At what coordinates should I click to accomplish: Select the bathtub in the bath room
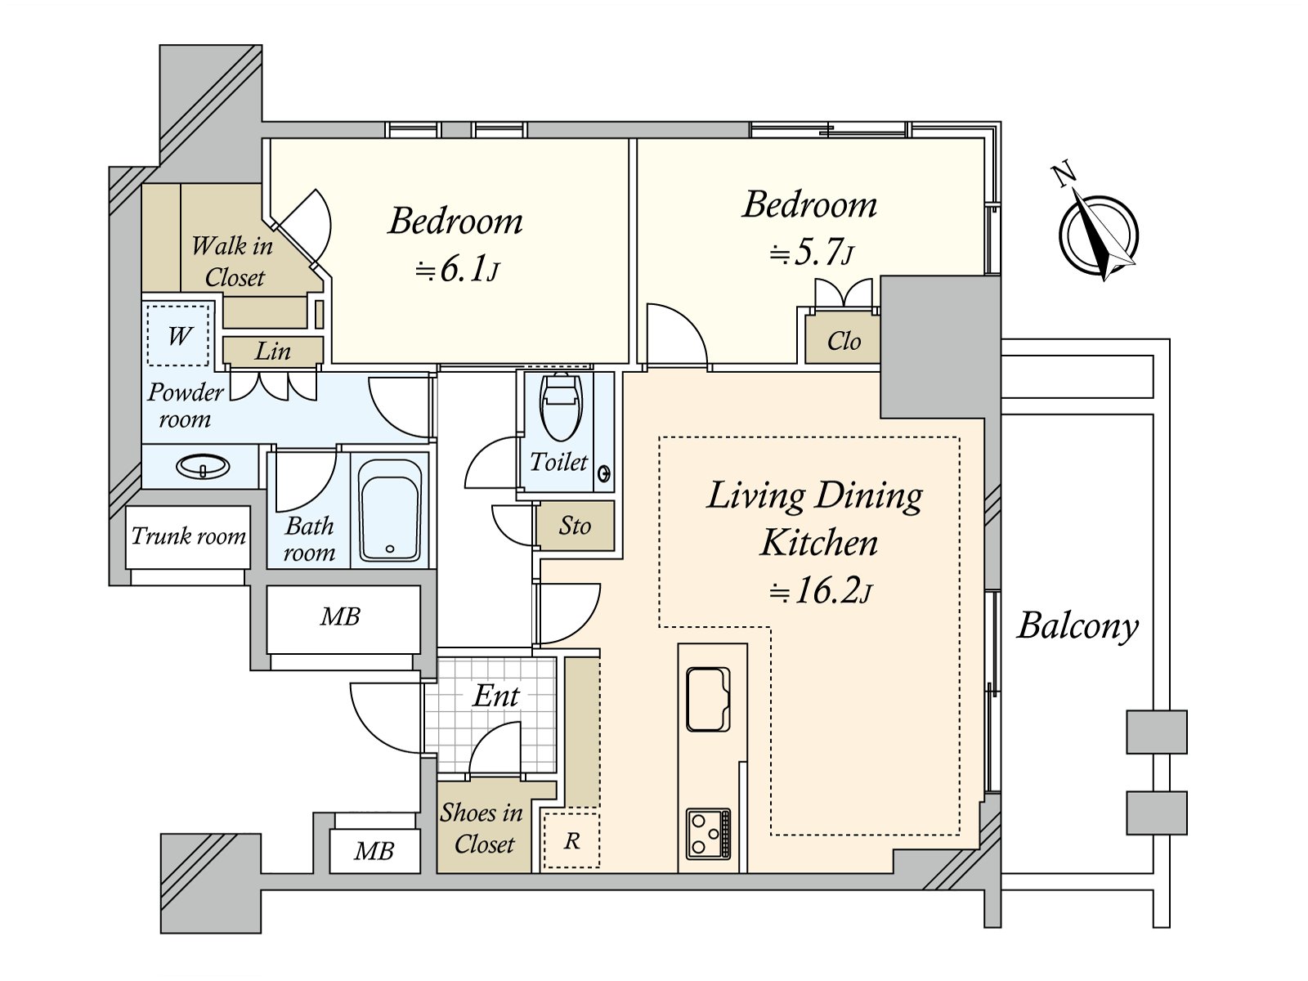tap(391, 510)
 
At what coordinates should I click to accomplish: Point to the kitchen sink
tap(708, 699)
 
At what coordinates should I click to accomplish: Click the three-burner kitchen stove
tap(708, 833)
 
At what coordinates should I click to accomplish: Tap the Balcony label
tap(1077, 627)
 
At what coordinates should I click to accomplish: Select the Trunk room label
tap(188, 536)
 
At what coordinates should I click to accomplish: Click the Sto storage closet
tap(575, 526)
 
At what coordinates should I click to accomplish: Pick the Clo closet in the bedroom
tap(843, 338)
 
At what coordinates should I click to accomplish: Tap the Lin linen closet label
tap(273, 352)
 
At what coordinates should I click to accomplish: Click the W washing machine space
tap(178, 336)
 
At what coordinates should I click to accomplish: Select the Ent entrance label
tap(495, 696)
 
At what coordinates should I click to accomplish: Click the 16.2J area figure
tap(820, 591)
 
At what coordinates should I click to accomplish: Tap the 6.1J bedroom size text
tap(456, 271)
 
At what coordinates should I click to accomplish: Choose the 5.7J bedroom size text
tap(812, 253)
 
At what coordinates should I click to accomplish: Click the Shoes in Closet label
tap(482, 828)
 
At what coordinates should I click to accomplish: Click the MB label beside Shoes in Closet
tap(374, 851)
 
